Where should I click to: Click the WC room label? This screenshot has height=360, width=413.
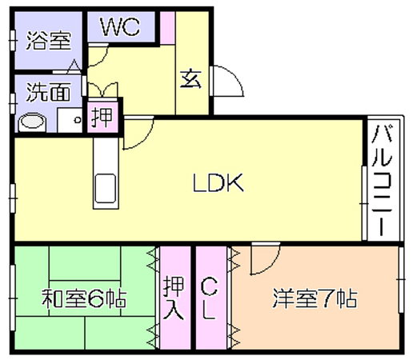pos(120,26)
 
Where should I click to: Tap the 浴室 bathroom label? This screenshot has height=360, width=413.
pos(49,41)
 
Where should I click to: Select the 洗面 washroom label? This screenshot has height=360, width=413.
pos(49,91)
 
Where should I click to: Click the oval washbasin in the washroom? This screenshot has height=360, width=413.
pos(31,122)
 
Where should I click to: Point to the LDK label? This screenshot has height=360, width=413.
pos(218,182)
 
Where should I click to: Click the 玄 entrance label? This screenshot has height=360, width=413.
pos(190,79)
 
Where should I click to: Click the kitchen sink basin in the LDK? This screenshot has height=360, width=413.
pos(106,189)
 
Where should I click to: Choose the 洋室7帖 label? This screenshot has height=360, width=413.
pos(315,298)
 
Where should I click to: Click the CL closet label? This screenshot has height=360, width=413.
pos(209,298)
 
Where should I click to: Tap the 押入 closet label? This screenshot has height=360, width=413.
pos(174,298)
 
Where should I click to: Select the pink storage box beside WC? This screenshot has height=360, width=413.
pos(167,28)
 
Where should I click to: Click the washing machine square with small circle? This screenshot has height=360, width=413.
pos(70,120)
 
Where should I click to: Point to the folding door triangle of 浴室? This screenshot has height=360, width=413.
pos(74,66)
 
